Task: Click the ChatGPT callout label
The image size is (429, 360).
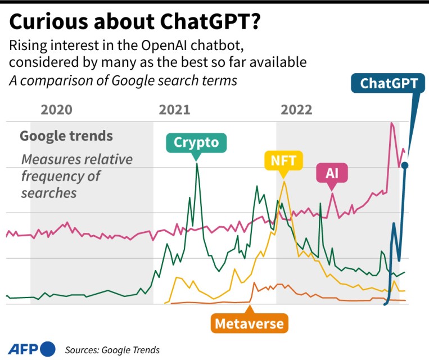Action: (x=389, y=83)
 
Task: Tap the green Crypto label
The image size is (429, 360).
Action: (x=196, y=142)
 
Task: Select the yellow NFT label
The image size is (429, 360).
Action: (x=283, y=161)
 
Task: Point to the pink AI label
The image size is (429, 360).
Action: (x=332, y=172)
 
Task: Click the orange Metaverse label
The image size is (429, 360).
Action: (x=250, y=323)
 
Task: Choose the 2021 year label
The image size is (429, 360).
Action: (x=175, y=109)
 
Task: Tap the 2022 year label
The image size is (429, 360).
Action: (x=296, y=109)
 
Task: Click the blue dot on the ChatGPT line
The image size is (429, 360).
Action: (x=405, y=165)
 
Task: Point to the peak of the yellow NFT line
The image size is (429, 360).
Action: (x=285, y=181)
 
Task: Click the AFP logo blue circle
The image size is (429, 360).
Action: (x=47, y=349)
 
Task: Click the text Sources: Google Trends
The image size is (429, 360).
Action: (x=112, y=350)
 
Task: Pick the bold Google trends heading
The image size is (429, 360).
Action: (x=66, y=136)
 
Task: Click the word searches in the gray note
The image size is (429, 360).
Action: (x=48, y=192)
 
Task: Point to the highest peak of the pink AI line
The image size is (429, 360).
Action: (x=391, y=123)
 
